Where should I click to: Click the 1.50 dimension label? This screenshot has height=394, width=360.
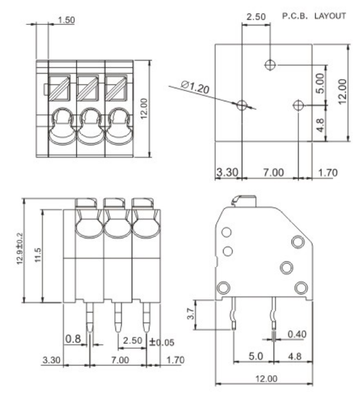coord(66,21)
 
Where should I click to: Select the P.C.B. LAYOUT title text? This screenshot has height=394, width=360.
coord(315,16)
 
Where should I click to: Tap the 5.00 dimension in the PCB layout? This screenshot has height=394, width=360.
coord(321,84)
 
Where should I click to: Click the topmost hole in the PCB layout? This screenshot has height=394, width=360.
coord(271,65)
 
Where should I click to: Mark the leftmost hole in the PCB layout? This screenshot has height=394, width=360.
coord(242,105)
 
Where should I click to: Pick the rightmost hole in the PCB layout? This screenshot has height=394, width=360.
coord(299,105)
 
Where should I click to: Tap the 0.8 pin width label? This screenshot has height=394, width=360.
coord(72,338)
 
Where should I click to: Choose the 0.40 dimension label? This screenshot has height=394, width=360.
coord(295,335)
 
